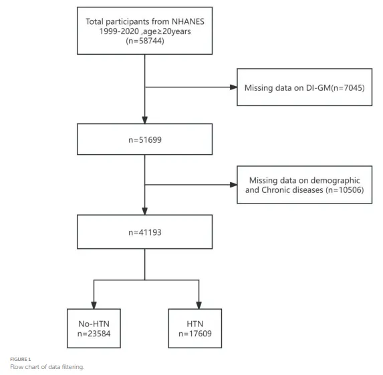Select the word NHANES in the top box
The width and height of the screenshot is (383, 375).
point(188,21)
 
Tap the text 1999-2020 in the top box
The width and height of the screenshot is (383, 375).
point(119,31)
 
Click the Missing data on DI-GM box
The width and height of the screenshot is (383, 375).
point(304,87)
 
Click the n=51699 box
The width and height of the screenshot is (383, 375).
point(144,139)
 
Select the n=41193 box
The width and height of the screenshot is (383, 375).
point(144,232)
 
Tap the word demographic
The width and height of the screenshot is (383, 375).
point(333,181)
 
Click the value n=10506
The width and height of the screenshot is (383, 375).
point(346,190)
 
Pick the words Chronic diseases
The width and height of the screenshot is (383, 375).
point(292,190)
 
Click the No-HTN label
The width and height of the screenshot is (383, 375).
point(94,324)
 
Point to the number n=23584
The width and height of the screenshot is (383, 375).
point(94,334)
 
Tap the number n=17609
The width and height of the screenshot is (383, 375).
point(195,334)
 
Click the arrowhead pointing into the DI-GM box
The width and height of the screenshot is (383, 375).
point(233,87)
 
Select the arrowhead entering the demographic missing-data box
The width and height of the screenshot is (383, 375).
point(233,185)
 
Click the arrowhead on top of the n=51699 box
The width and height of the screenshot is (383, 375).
point(144,120)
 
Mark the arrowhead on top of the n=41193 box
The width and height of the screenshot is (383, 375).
point(144,211)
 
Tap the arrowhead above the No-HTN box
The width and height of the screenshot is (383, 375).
point(94,305)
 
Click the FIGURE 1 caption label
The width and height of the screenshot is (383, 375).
point(21,359)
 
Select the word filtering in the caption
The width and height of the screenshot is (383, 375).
point(73,367)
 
